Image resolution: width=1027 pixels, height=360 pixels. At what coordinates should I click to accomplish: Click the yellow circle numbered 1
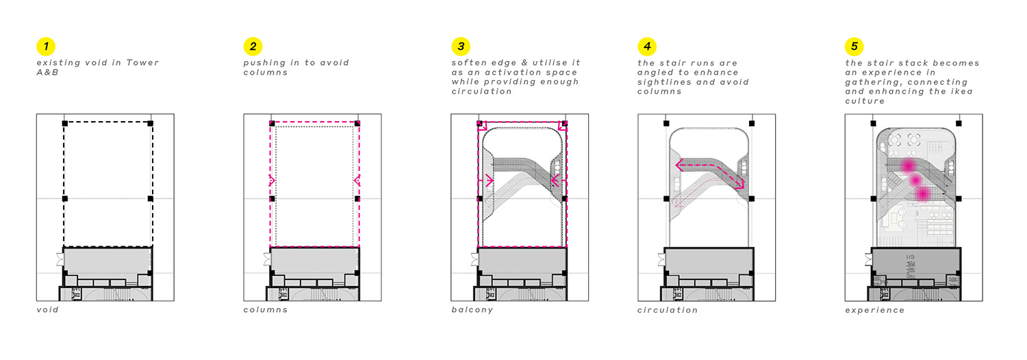pyautogui.click(x=45, y=47)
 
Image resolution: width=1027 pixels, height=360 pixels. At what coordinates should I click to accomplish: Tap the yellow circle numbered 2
pyautogui.click(x=253, y=47)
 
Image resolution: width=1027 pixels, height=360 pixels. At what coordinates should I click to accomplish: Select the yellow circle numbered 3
pyautogui.click(x=460, y=47)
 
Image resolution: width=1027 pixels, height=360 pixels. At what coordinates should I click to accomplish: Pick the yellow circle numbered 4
pyautogui.click(x=646, y=47)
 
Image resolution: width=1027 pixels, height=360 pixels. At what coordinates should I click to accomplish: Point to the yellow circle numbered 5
pyautogui.click(x=854, y=47)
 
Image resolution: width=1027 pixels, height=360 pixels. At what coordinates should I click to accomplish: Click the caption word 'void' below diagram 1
pyautogui.click(x=47, y=310)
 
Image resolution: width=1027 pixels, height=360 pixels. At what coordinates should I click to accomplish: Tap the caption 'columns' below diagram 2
pyautogui.click(x=266, y=310)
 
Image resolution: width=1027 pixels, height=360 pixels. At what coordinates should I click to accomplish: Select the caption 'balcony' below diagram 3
pyautogui.click(x=472, y=310)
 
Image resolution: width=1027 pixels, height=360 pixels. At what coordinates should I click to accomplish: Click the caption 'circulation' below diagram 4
pyautogui.click(x=668, y=310)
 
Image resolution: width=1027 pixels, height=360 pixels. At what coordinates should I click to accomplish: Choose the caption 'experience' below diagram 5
pyautogui.click(x=874, y=310)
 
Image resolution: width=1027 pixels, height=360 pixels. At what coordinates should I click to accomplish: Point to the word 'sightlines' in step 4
pyautogui.click(x=664, y=82)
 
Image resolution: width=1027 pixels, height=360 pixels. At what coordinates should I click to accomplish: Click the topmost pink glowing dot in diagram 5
pyautogui.click(x=909, y=166)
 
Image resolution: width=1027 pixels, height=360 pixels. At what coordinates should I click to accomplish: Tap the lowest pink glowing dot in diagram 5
pyautogui.click(x=922, y=194)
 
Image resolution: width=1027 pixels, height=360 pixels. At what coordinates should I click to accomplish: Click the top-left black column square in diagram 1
pyautogui.click(x=65, y=123)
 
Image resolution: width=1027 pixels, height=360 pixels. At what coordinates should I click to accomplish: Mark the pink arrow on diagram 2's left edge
pyautogui.click(x=272, y=181)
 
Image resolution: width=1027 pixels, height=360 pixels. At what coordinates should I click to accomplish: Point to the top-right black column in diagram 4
pyautogui.click(x=752, y=124)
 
